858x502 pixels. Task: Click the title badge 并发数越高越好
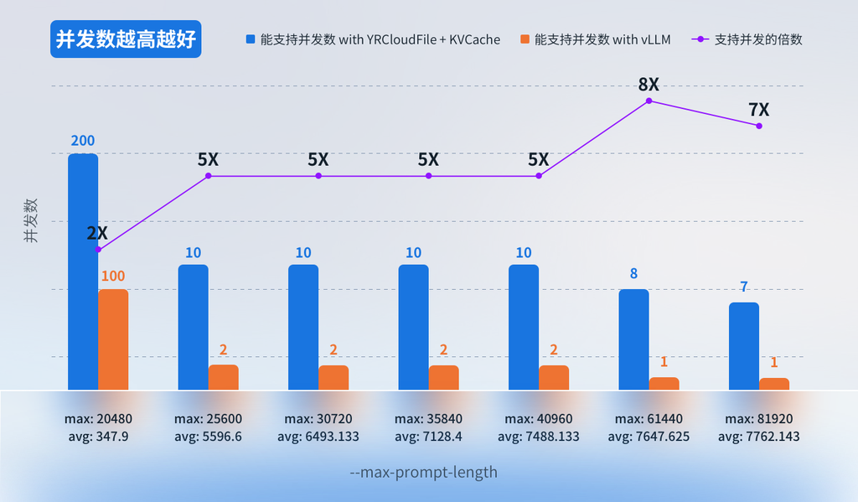126,39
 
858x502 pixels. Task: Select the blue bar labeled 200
83,272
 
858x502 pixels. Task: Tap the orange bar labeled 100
113,339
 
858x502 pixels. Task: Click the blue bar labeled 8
633,339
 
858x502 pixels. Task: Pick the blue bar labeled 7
744,346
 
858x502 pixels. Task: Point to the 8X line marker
649,101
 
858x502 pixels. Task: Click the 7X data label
758,110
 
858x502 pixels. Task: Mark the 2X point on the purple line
98,250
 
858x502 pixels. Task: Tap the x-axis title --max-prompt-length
423,473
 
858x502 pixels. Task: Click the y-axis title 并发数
30,220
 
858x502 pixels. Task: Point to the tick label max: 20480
98,418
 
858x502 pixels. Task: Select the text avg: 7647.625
649,437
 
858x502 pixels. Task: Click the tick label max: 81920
759,418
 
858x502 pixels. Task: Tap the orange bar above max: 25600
224,377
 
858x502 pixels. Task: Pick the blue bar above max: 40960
524,327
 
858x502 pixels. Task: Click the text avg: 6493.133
318,437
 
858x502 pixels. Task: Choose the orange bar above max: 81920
774,384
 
